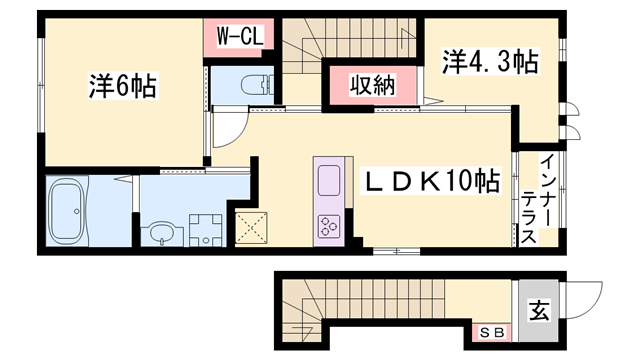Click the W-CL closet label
click(240, 37)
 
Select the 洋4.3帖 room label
click(489, 63)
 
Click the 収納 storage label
click(371, 86)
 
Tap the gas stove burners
click(330, 226)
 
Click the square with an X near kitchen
click(252, 227)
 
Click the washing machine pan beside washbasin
click(205, 230)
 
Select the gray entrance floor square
click(537, 311)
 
